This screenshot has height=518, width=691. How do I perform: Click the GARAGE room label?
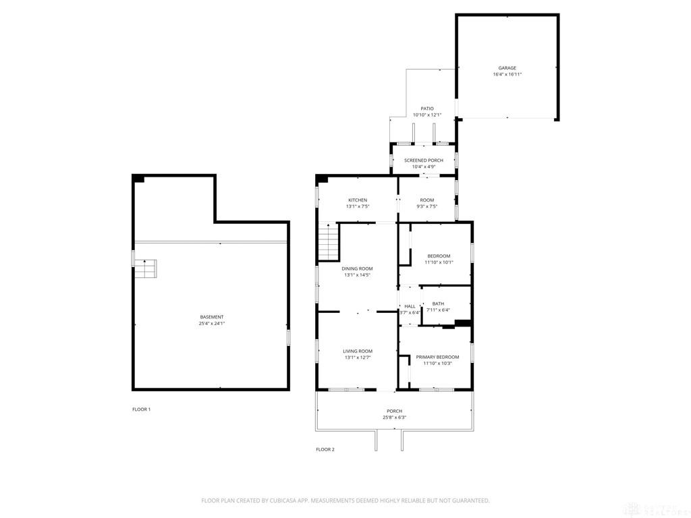(x=507, y=68)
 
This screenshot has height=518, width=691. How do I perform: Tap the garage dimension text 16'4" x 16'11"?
(x=507, y=74)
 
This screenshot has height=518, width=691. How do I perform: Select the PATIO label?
(x=427, y=109)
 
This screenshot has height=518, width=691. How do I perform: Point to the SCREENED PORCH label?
(x=424, y=161)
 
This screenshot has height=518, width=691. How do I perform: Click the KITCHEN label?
(x=358, y=200)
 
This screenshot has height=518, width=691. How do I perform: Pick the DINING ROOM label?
(x=358, y=268)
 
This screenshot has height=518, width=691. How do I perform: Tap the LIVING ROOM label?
(x=358, y=351)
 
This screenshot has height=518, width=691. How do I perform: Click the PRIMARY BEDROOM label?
(x=437, y=357)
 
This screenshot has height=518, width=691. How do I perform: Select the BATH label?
(x=438, y=304)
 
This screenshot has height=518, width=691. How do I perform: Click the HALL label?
(x=410, y=306)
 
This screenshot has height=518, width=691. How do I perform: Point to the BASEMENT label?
(x=211, y=317)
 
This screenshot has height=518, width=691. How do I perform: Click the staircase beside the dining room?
(x=327, y=242)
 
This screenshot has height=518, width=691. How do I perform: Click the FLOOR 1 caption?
(x=141, y=409)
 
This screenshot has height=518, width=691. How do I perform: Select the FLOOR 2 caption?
(x=325, y=449)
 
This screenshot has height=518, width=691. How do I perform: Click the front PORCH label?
(x=394, y=411)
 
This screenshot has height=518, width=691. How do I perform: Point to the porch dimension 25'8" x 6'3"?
(x=394, y=418)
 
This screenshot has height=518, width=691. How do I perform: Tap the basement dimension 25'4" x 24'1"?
(x=211, y=324)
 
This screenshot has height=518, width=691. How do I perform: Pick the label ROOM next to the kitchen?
(x=426, y=200)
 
